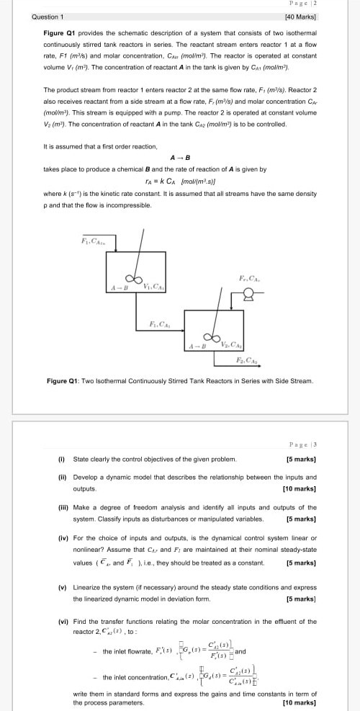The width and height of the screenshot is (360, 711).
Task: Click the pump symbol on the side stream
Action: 249,293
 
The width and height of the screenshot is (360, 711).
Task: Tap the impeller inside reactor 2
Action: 212,336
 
